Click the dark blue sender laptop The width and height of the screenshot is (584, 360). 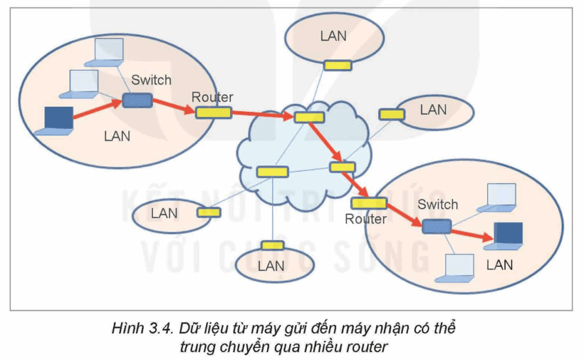56,119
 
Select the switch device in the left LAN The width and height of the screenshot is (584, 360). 137,101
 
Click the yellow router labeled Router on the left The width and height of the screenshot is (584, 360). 213,112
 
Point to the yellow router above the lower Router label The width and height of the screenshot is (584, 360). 368,203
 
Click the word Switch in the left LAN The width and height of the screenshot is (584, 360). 151,80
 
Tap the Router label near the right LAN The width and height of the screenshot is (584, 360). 366,219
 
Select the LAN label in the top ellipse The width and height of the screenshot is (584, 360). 333,36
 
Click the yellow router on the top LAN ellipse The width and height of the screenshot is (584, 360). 338,66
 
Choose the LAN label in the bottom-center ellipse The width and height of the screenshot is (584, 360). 271,266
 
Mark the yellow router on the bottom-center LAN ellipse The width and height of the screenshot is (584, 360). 273,245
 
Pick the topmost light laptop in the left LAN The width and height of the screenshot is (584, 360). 108,51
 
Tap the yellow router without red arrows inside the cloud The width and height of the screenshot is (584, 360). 272,171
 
